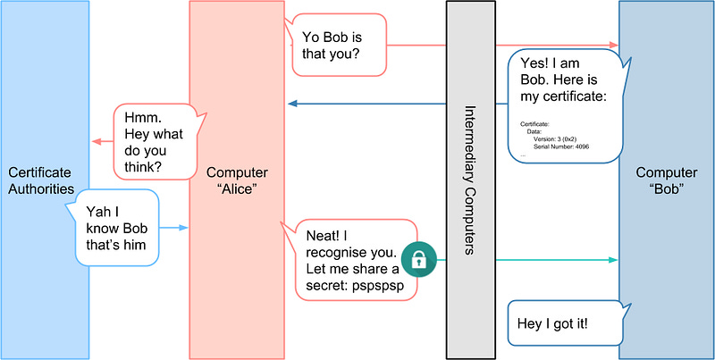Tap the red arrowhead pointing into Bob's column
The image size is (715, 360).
click(614, 45)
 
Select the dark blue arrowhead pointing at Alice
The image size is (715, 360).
click(291, 105)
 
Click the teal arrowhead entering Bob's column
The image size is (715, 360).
click(614, 260)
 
